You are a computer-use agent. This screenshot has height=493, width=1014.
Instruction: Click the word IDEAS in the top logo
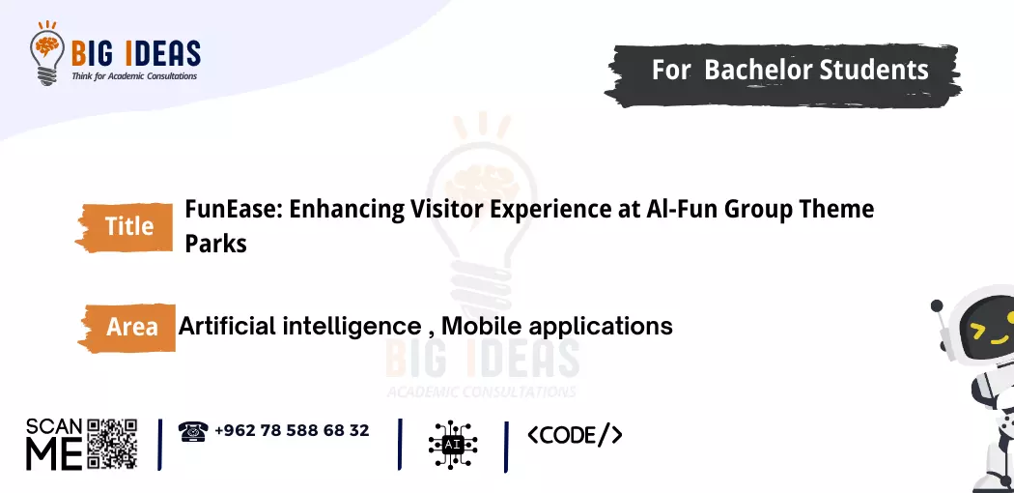click(x=160, y=52)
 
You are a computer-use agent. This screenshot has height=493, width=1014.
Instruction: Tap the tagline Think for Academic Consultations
click(x=134, y=75)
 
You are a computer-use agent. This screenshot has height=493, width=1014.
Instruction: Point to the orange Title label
click(x=128, y=226)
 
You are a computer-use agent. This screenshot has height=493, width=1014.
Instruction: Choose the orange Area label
click(x=131, y=327)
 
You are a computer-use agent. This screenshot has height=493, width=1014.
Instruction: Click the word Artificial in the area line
click(x=226, y=326)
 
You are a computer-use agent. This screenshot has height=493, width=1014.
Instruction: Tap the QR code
click(x=113, y=444)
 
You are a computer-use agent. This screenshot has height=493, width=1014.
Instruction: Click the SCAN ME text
click(x=54, y=444)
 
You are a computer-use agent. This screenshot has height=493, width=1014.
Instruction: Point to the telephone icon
click(x=193, y=431)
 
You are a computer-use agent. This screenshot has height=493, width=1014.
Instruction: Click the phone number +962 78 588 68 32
click(x=292, y=430)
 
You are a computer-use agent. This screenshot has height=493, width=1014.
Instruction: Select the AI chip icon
click(x=453, y=444)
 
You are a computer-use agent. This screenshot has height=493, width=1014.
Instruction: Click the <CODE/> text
click(x=575, y=435)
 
